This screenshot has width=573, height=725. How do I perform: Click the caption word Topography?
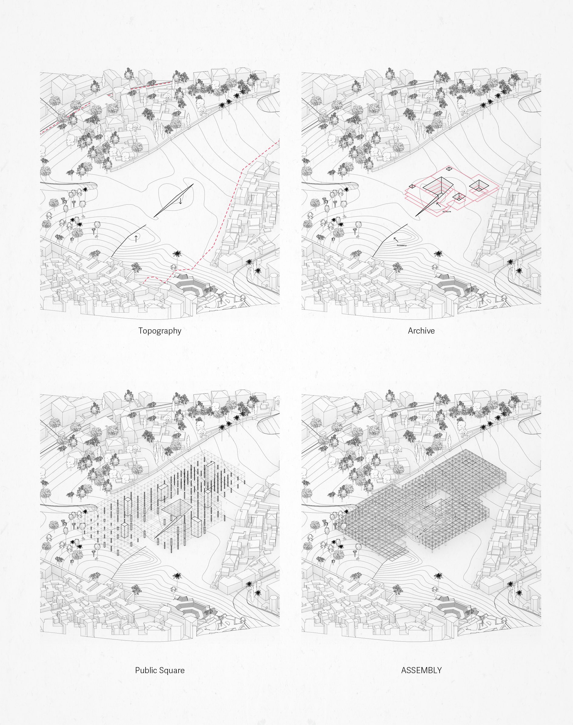coord(160,331)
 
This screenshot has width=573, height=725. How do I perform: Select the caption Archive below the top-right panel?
coord(421,331)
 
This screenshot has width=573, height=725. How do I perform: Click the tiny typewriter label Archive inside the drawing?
coord(447,212)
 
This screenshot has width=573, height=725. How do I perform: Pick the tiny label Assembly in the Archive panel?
coord(402,246)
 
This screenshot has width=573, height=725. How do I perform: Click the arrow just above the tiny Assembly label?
coord(396,240)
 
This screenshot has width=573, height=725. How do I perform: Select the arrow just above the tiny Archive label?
coord(439,204)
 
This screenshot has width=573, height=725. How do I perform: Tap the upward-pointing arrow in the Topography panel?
coord(136,239)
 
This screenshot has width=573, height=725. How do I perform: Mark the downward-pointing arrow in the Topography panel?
coord(180,201)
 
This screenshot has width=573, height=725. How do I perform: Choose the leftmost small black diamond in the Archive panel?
coord(412,186)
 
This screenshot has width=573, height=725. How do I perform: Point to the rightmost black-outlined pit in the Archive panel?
coord(478,185)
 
